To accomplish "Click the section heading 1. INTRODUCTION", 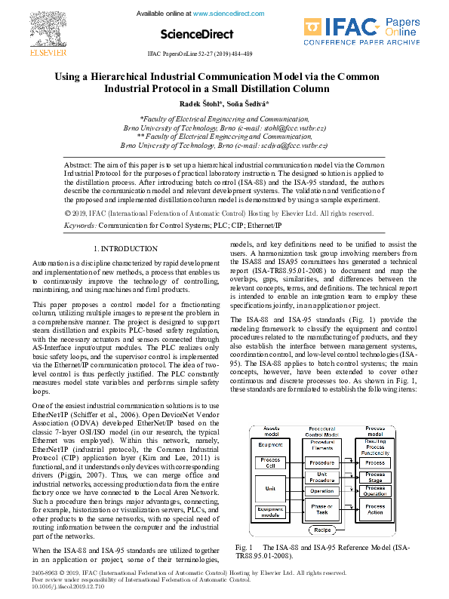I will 125,248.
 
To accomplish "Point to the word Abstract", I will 77,164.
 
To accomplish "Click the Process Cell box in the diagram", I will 269,462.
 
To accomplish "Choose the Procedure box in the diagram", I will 322,462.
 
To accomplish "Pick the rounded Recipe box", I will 322,530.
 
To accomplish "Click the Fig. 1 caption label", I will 243,547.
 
